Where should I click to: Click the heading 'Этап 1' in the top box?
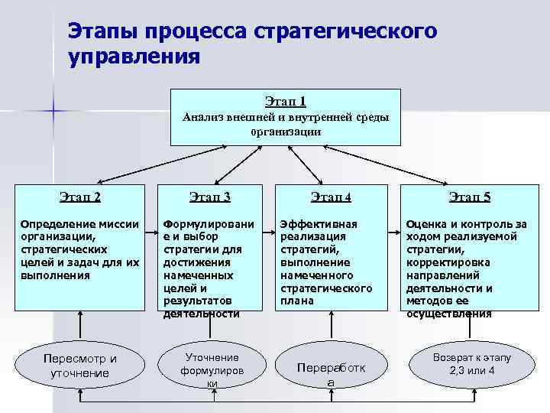[285, 101]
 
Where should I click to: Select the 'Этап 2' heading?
[80, 197]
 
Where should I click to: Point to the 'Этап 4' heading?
[331, 197]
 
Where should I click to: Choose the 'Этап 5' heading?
[470, 197]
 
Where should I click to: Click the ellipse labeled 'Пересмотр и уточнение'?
[80, 366]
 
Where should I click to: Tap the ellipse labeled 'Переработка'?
[330, 373]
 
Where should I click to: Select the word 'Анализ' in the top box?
[202, 117]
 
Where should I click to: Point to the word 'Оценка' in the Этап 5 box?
[426, 224]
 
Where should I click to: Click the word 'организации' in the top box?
[285, 131]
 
